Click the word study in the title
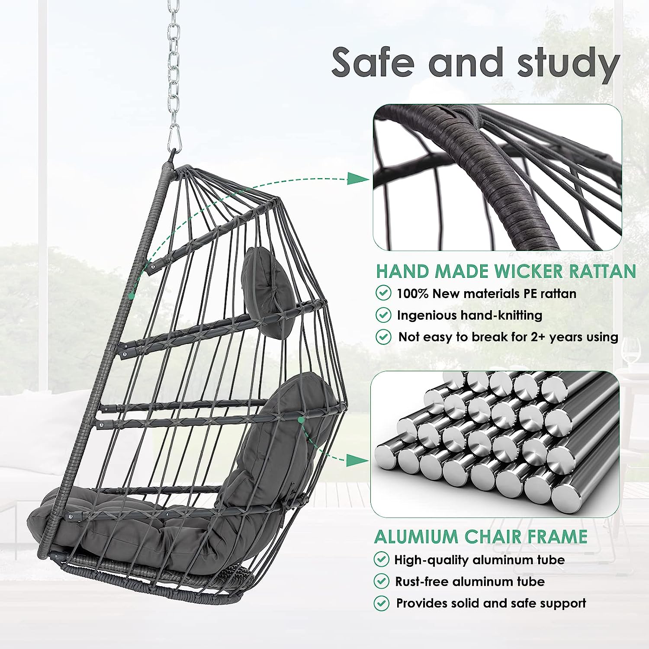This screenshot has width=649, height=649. [569, 64]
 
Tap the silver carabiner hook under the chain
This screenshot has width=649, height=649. [174, 136]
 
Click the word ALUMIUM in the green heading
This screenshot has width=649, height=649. [416, 537]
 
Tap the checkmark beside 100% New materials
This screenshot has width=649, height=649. [383, 293]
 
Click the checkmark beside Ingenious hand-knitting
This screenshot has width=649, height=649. [383, 315]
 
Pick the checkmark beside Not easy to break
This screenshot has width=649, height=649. [383, 336]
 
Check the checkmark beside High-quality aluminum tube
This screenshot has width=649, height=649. [381, 559]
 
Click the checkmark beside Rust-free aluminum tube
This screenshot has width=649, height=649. [381, 581]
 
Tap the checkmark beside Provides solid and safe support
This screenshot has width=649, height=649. [381, 602]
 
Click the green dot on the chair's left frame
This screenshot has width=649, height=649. [130, 296]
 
